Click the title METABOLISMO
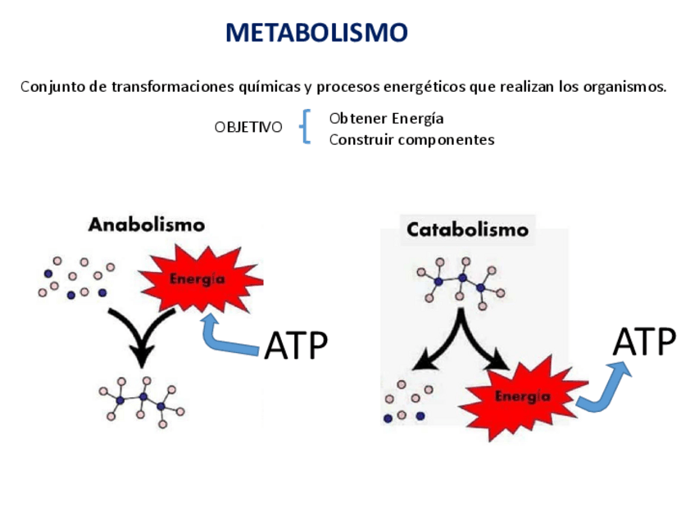(x=316, y=33)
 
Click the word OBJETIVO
(x=248, y=128)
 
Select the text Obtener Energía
(x=386, y=118)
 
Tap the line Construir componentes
(x=411, y=140)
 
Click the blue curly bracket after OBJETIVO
(x=306, y=127)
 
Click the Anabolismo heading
(x=147, y=224)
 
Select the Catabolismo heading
(x=467, y=229)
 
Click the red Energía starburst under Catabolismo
(x=522, y=396)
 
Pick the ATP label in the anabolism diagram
(x=296, y=346)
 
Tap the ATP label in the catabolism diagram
(x=645, y=342)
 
